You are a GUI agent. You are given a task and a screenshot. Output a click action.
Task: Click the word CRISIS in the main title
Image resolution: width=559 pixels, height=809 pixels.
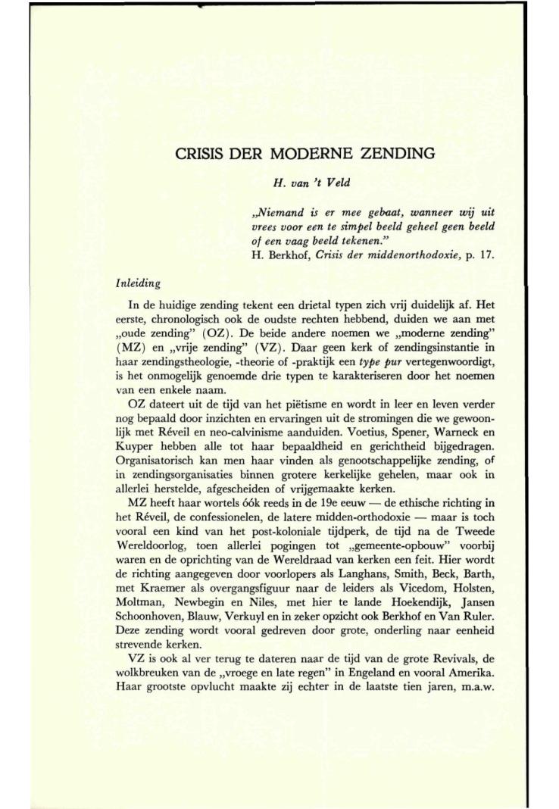(195, 154)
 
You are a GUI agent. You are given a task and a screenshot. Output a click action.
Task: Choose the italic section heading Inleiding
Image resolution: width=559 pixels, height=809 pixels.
(137, 283)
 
